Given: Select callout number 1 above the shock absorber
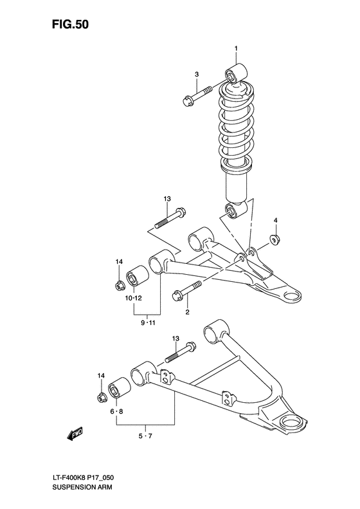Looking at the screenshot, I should [x=236, y=49].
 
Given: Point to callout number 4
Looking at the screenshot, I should [x=275, y=221].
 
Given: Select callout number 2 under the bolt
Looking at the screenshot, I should [x=188, y=313].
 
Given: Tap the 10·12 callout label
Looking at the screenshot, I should [x=134, y=299].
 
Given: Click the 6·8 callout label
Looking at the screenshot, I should [x=116, y=411].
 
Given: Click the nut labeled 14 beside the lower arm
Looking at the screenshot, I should [x=102, y=396].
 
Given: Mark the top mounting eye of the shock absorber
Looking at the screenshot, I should [x=235, y=73].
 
